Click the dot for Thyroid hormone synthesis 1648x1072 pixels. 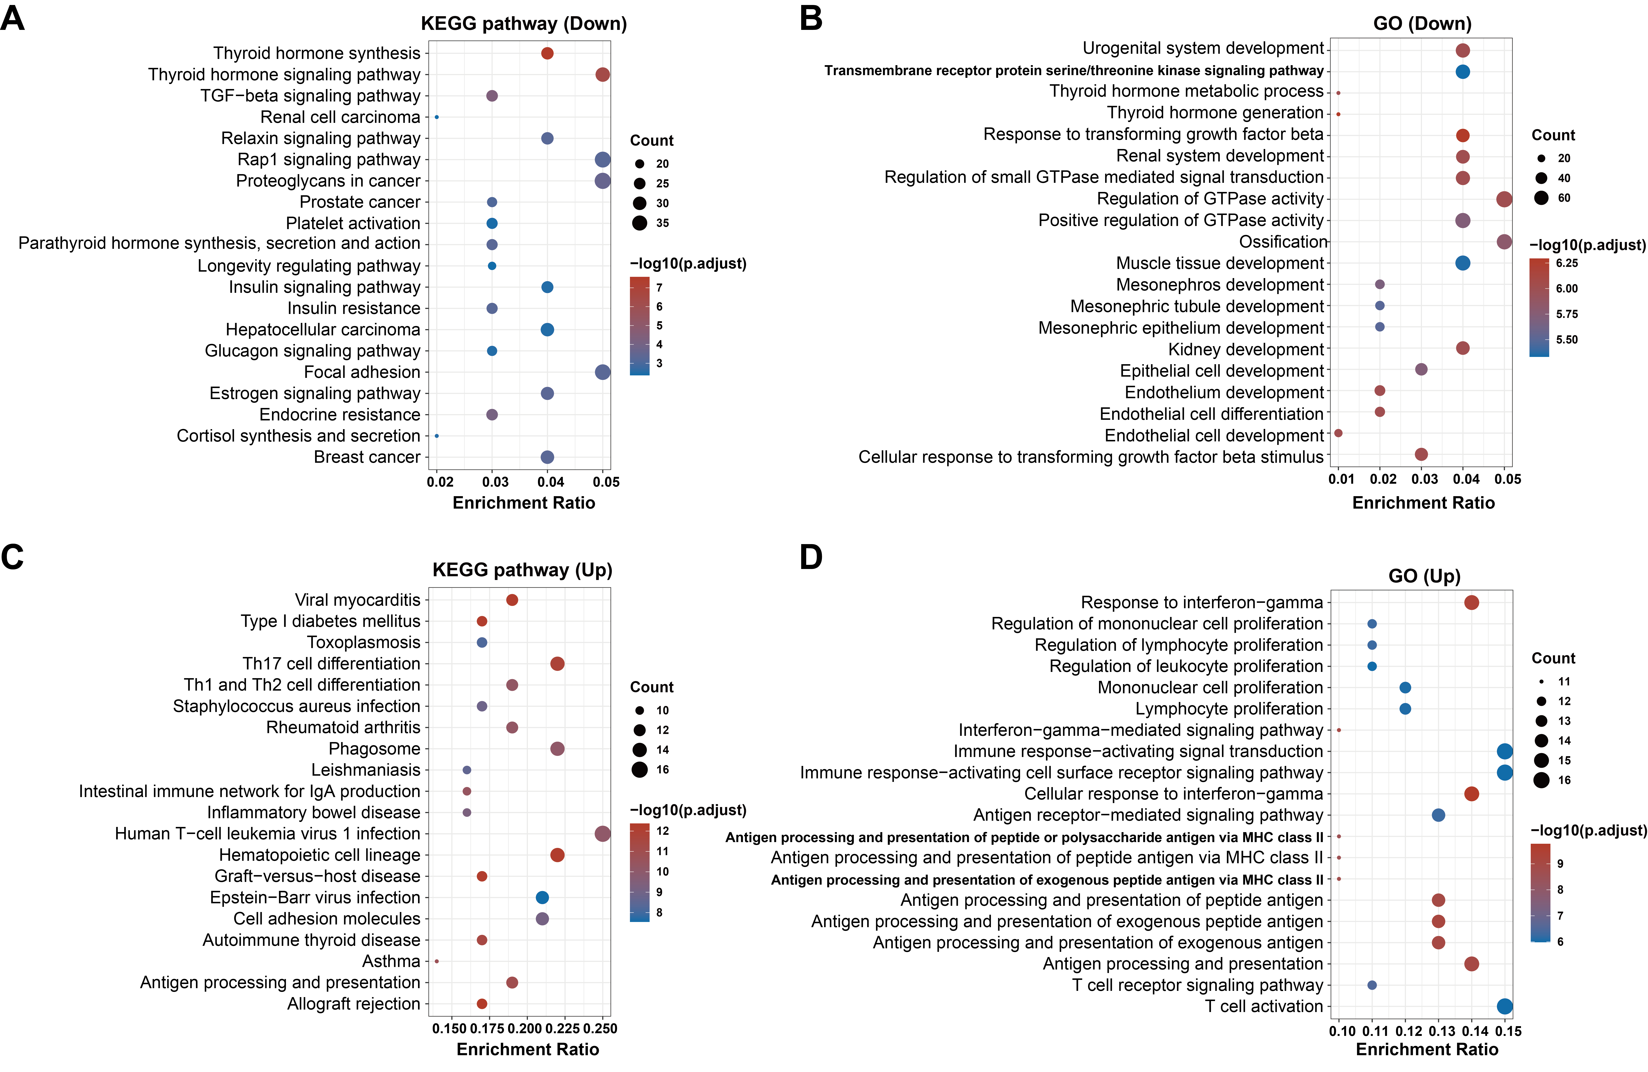click(547, 53)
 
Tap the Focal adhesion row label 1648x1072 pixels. click(362, 372)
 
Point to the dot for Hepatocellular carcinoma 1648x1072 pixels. click(547, 330)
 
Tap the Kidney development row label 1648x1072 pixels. click(1246, 349)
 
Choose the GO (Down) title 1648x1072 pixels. click(1422, 23)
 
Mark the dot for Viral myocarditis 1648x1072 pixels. click(512, 600)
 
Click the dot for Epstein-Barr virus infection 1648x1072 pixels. click(542, 897)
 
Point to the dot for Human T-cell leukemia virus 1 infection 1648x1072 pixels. click(602, 834)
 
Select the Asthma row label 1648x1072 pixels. click(391, 961)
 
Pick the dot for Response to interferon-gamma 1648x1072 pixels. click(1471, 602)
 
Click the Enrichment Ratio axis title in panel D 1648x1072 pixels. click(1426, 1049)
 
